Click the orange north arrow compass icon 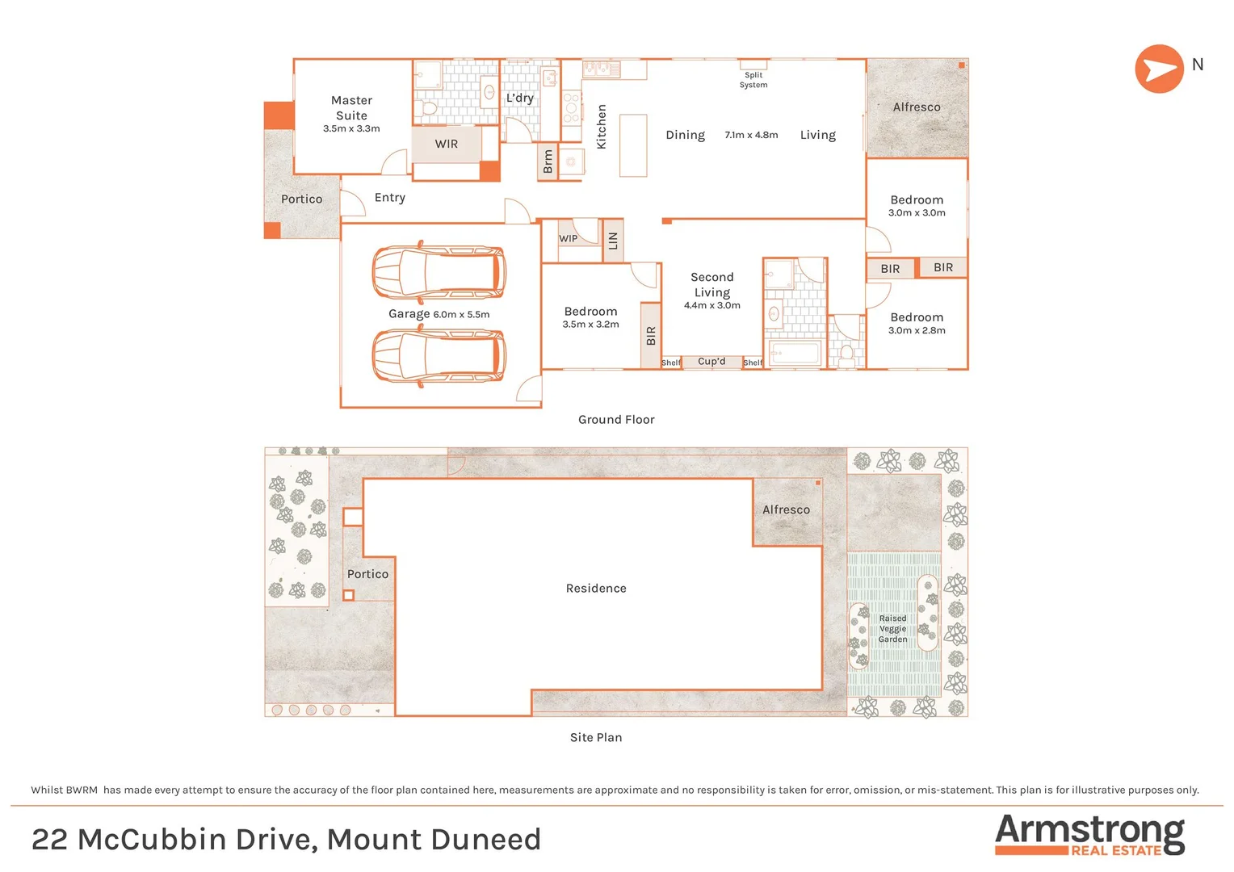pos(1159,69)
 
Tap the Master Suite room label pos(351,108)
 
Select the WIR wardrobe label pos(447,144)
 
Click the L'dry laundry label pos(520,98)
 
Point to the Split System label pos(753,80)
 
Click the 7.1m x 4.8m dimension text pos(751,135)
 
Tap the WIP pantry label pos(569,238)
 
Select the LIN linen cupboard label pos(613,241)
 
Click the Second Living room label pos(712,285)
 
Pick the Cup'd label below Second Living pos(711,362)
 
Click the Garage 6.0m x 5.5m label pos(439,314)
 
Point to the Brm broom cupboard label pos(548,161)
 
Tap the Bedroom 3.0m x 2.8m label pos(917,323)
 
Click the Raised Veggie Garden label pos(892,628)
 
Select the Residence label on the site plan pos(596,589)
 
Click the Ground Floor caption pos(616,420)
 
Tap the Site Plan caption pos(596,737)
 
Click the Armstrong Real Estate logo pos(1089,835)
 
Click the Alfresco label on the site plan pos(786,509)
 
